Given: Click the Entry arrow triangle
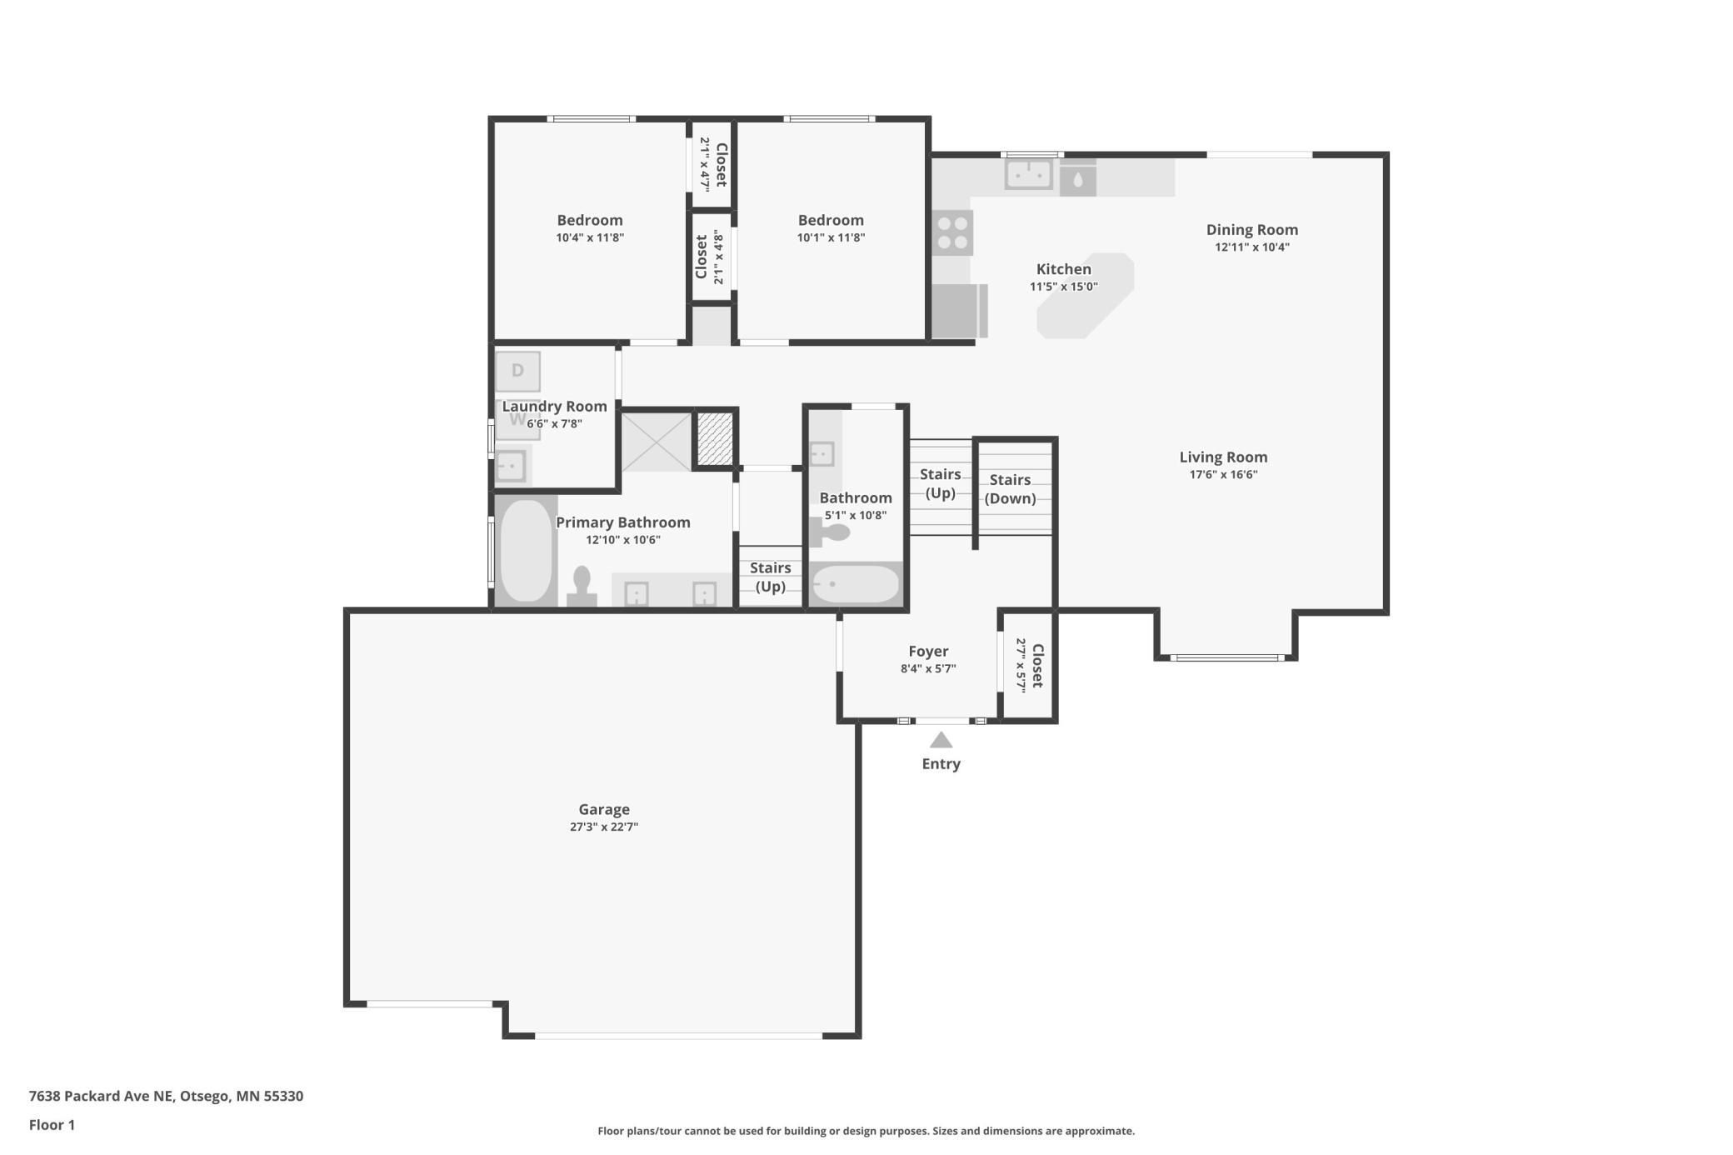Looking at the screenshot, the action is (x=941, y=740).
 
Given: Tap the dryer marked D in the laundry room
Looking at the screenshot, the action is (x=517, y=371).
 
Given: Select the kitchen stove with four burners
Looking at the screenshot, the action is (x=952, y=232).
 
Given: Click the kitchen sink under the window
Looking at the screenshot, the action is (x=1029, y=175).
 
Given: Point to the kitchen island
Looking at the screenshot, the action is (x=1086, y=296).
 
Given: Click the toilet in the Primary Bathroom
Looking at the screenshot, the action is (x=582, y=587).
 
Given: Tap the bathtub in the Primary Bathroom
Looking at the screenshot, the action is (x=527, y=550).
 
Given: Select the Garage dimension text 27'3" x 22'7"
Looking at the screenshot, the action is (x=604, y=827).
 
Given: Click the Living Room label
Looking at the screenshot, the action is (x=1223, y=457).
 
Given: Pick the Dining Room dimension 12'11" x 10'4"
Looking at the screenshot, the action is (x=1252, y=247).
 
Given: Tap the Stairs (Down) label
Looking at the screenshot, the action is (x=1011, y=489).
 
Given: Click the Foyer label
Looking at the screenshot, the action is (x=928, y=651).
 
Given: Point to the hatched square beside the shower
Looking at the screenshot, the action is (x=715, y=438).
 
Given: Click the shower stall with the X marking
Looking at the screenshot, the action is (x=657, y=441).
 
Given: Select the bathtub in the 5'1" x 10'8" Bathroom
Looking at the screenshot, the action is (x=856, y=583).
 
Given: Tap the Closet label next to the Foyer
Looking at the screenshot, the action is (x=1037, y=665).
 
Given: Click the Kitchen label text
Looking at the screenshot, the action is (x=1064, y=269).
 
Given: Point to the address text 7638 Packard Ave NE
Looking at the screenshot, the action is (x=102, y=1096).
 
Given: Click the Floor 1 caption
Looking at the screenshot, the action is (x=52, y=1125).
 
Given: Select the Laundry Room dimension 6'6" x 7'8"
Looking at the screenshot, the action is (x=554, y=423).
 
